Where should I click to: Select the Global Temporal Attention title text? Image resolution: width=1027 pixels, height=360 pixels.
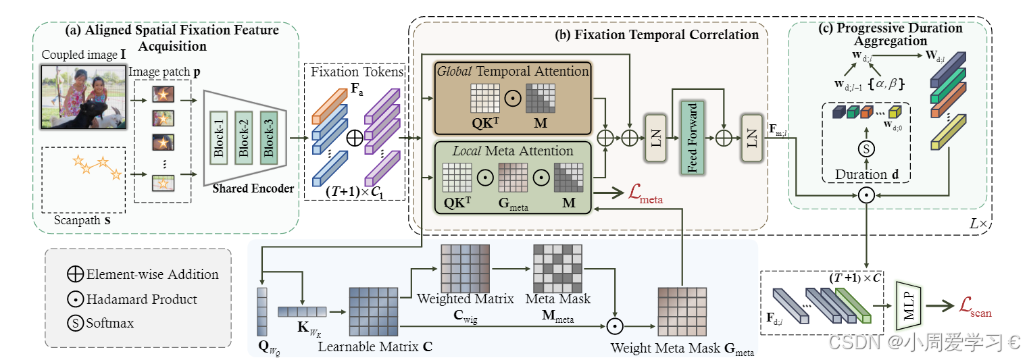513,70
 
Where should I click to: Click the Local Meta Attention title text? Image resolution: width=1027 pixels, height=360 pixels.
513,151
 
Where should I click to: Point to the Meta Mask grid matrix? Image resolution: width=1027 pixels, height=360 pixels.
557,268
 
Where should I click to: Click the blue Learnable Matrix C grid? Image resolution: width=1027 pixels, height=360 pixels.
374,311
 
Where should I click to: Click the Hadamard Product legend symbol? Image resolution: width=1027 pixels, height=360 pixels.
75,299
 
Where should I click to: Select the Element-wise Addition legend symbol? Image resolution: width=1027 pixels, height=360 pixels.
75,274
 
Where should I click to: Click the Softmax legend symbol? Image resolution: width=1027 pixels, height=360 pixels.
75,323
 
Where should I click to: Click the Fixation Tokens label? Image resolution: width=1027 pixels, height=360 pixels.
353,70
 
